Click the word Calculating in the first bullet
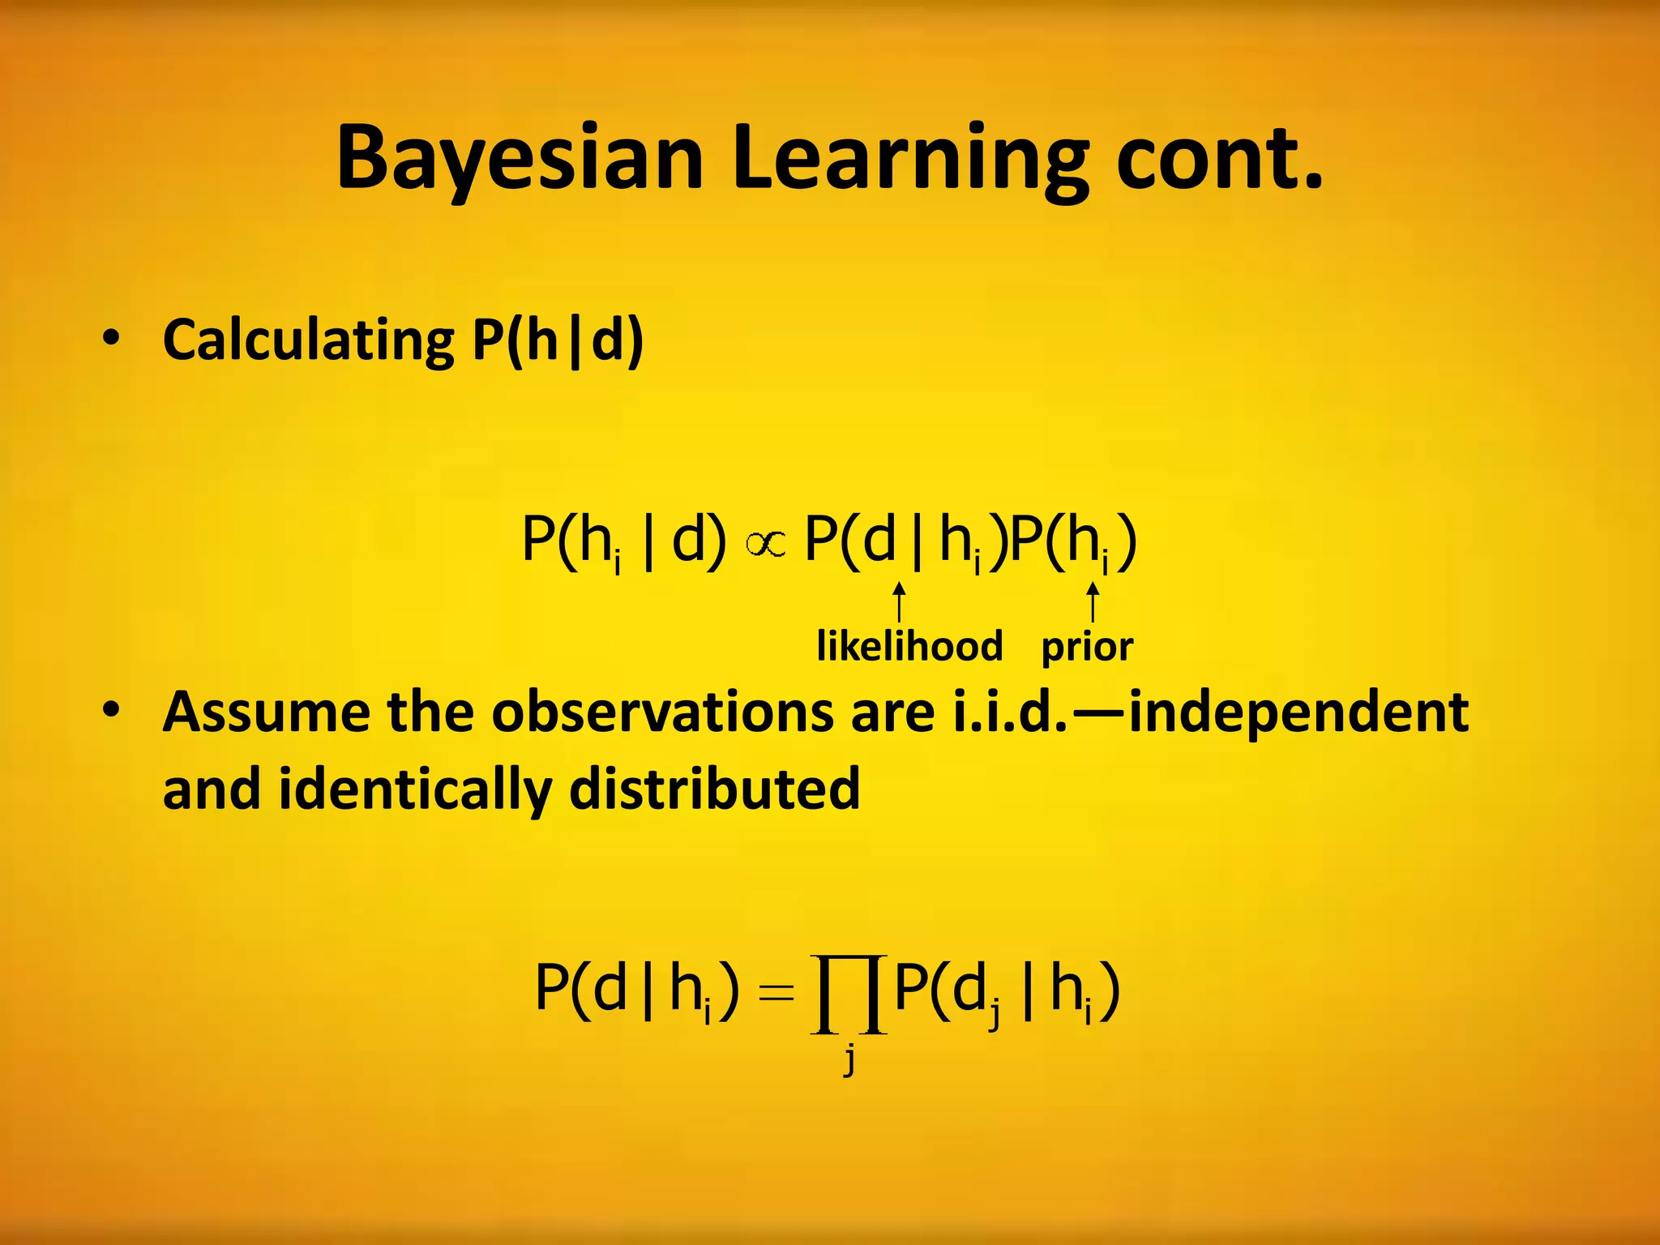tap(308, 340)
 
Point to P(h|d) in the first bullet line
tap(558, 340)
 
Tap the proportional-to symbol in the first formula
tap(765, 545)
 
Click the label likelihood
tap(909, 647)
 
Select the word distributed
tap(713, 788)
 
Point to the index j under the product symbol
tap(849, 1058)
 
